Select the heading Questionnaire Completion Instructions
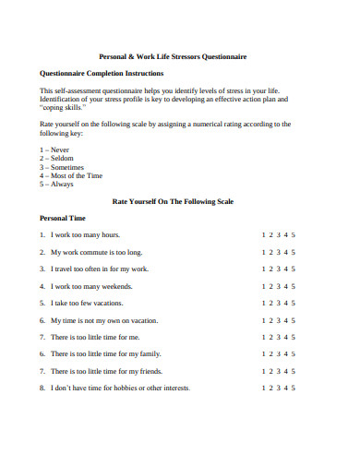coord(102,73)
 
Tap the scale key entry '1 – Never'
coord(56,149)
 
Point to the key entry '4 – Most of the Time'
coord(71,174)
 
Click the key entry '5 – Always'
coord(58,184)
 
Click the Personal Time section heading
coord(63,218)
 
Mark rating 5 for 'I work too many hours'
coord(294,234)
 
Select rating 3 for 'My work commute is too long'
coord(278,252)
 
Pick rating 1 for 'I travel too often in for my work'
coord(263,269)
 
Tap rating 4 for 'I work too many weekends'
coord(286,286)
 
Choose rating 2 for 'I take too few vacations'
coord(270,303)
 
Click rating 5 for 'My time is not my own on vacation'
coord(294,320)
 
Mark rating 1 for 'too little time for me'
coord(263,337)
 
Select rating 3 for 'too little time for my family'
coord(278,353)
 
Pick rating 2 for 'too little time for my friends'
coord(270,371)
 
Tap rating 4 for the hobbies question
coord(286,388)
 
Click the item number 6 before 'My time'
coord(42,320)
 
